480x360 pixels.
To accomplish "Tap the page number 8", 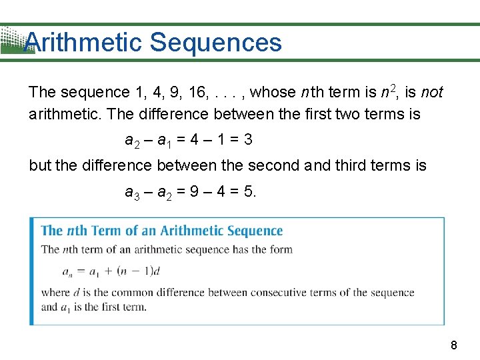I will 454,345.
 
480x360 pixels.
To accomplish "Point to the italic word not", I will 432,92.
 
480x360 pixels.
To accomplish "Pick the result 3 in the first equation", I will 248,140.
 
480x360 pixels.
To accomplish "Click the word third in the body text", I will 350,165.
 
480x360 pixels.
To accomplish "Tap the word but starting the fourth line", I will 40,165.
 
